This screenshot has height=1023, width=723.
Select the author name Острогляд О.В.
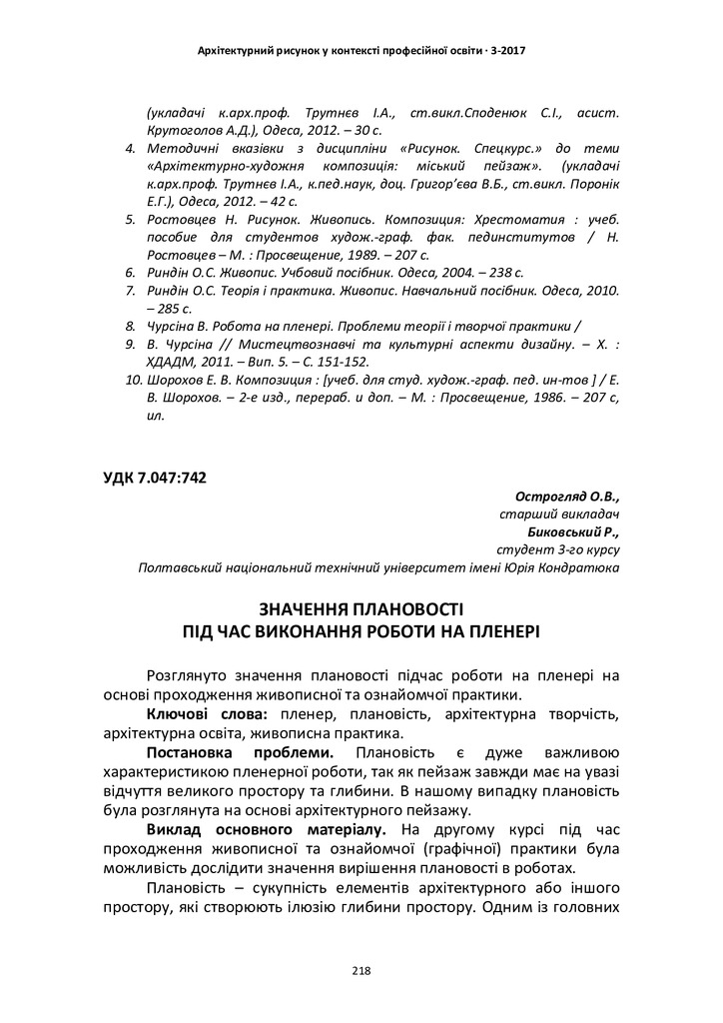(566, 497)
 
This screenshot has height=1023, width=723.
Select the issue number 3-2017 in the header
(502, 49)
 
